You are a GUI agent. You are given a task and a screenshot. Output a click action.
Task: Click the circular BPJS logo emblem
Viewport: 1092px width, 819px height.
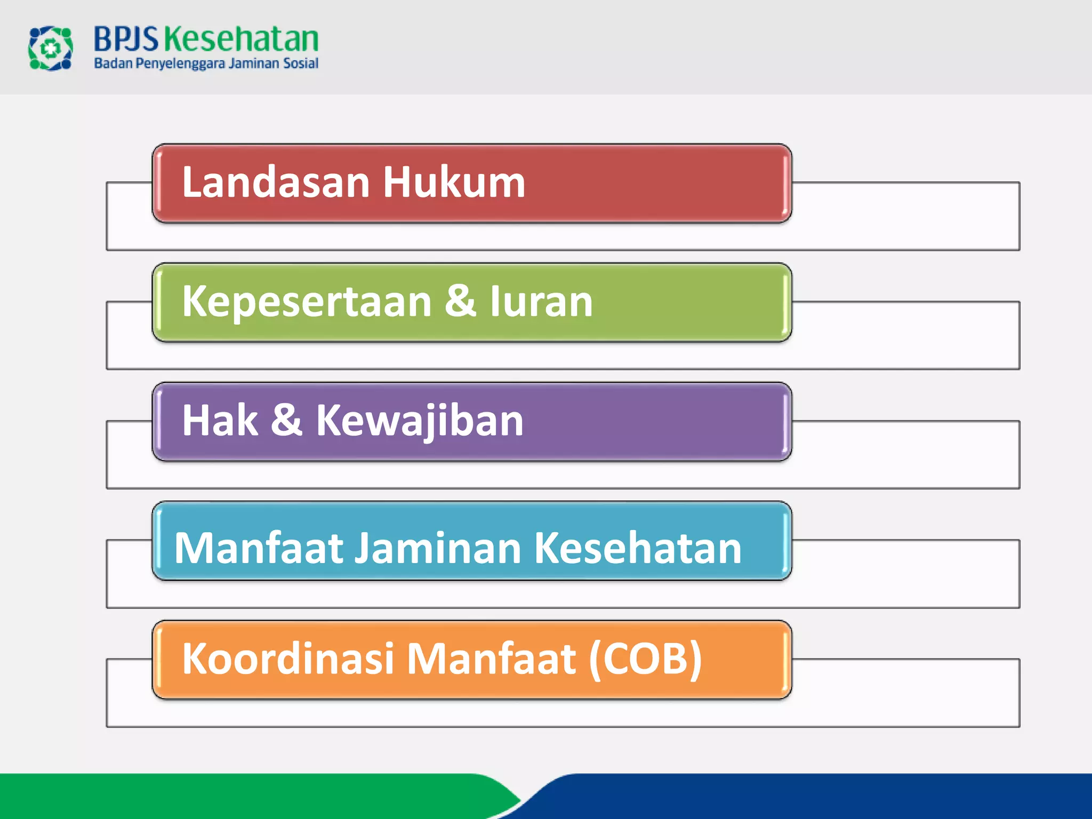pos(50,49)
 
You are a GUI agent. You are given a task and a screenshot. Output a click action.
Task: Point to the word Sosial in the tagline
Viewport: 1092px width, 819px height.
pos(301,63)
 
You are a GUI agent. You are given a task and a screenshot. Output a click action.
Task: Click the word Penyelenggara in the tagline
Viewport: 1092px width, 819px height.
pos(181,64)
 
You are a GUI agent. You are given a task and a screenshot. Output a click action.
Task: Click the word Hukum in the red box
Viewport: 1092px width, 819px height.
pos(454,182)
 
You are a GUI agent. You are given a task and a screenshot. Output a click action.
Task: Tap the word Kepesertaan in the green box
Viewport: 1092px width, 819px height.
pos(307,302)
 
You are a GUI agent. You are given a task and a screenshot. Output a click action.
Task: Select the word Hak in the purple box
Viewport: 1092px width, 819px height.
pos(220,421)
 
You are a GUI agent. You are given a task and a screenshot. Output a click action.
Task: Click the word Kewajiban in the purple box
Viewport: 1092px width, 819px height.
pos(420,421)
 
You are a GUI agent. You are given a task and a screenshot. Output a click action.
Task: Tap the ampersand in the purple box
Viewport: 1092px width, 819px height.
pos(286,420)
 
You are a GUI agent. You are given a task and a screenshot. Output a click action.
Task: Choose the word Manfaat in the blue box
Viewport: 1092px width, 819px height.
pos(259,548)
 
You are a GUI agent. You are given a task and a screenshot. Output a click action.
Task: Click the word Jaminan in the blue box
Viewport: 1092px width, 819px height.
pos(438,548)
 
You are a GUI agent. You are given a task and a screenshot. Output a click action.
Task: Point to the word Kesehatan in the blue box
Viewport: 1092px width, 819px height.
pos(638,548)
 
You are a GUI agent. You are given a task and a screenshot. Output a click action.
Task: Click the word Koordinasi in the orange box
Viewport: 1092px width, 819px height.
pos(288,659)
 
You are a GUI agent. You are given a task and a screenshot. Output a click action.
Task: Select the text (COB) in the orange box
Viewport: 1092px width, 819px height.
pos(645,659)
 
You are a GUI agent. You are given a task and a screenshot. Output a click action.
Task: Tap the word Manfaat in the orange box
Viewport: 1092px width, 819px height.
pos(491,659)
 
